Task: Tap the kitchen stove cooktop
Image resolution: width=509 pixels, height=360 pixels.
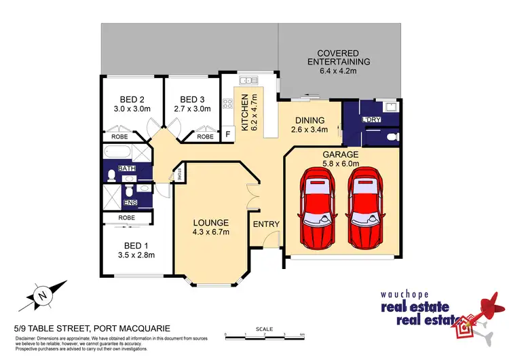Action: pyautogui.click(x=227, y=105)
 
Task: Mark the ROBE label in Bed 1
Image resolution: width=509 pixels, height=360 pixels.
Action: pyautogui.click(x=126, y=217)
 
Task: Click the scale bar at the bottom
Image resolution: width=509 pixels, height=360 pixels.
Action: pyautogui.click(x=265, y=334)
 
